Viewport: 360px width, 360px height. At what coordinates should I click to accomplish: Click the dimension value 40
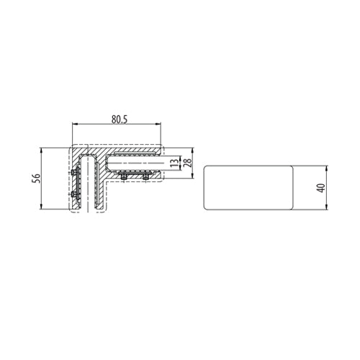point(321,187)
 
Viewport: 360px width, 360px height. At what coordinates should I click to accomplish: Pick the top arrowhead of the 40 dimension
point(328,168)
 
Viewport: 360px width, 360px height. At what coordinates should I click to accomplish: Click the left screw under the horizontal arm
point(123,177)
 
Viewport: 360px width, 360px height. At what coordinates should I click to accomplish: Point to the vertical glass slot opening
point(90,187)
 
